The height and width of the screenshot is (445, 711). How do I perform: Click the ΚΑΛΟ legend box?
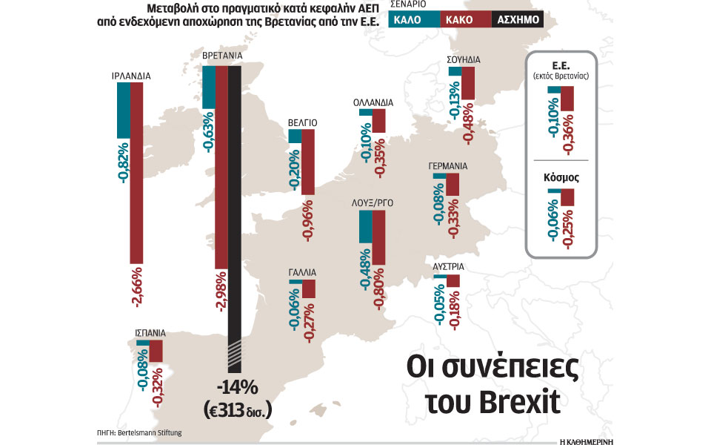pyautogui.click(x=418, y=19)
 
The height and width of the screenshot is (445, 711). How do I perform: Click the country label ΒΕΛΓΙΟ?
pyautogui.click(x=303, y=122)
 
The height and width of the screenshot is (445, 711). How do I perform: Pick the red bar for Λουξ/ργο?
pyautogui.click(x=378, y=237)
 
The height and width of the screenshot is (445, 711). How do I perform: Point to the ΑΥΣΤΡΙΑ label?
pyautogui.click(x=449, y=266)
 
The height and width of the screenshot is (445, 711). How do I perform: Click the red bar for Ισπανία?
pyautogui.click(x=156, y=352)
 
